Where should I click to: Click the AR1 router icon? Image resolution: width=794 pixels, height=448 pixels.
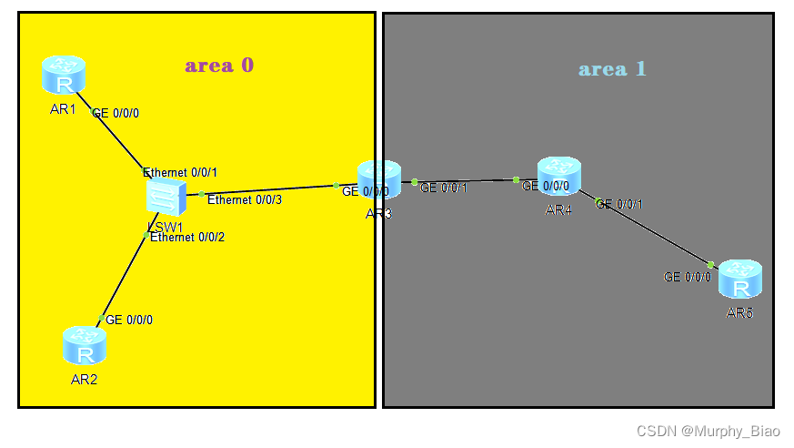[x=63, y=75]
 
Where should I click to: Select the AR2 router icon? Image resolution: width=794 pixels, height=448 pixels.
[x=85, y=345]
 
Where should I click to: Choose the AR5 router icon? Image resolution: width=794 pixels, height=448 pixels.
[x=739, y=279]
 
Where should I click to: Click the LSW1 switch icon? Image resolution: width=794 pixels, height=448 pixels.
[x=167, y=197]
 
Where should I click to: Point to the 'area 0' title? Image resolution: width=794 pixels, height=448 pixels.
[x=219, y=65]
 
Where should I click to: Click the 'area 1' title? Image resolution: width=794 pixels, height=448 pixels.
[x=612, y=69]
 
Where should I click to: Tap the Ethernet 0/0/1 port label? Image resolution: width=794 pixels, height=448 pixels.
[x=180, y=172]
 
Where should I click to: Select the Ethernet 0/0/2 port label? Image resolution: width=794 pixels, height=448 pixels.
[x=187, y=238]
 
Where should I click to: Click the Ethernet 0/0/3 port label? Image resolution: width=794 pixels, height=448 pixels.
[x=245, y=199]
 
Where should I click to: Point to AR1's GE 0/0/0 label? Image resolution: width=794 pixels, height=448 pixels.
[x=116, y=114]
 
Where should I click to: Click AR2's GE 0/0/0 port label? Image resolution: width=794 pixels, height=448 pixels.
[x=129, y=320]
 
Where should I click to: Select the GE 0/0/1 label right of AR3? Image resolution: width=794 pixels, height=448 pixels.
[x=444, y=188]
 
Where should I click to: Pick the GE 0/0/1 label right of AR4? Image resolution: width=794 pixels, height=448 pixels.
[x=619, y=204]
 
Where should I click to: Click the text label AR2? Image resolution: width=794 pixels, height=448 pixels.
[x=84, y=380]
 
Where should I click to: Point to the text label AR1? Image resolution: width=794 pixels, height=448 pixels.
[x=63, y=109]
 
